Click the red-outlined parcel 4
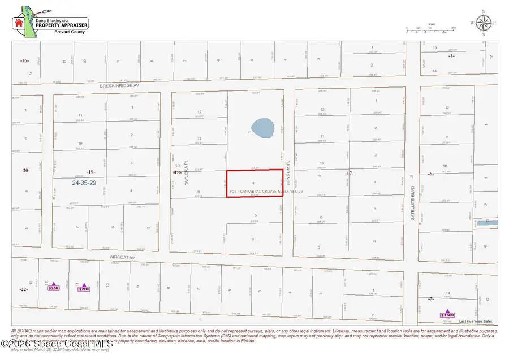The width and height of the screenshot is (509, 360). point(254,183)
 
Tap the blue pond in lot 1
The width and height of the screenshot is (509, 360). point(261,128)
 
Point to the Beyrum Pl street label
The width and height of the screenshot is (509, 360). point(288,172)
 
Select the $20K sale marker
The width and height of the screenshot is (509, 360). point(84,288)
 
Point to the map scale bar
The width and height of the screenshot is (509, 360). point(430,28)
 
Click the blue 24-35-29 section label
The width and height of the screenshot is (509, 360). point(84,183)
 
